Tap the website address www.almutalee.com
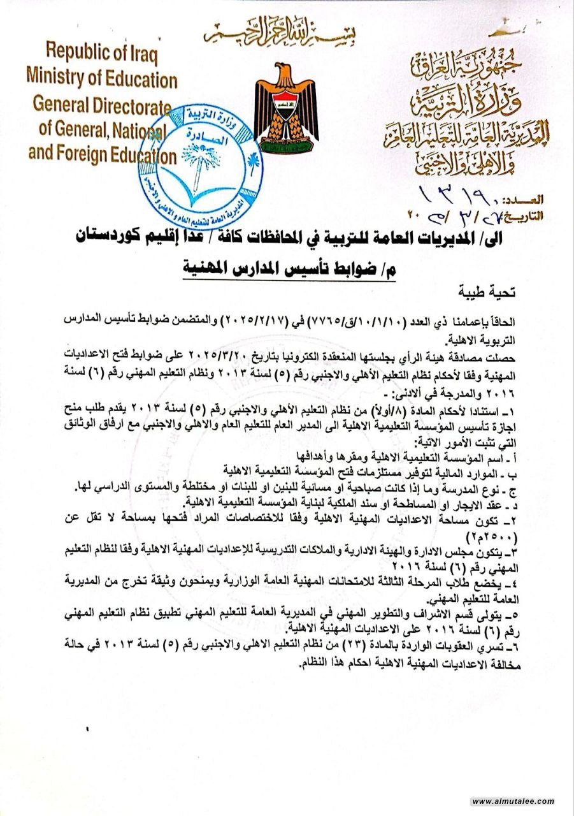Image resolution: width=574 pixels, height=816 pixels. coord(513,801)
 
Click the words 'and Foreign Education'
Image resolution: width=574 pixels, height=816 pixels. coord(102,155)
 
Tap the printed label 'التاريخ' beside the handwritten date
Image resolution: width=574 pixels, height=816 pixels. coord(522,215)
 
